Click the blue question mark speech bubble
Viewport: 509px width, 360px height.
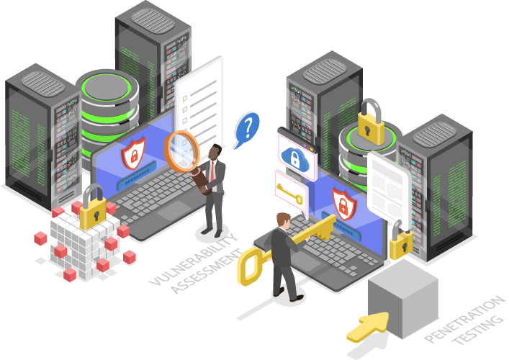tap(248, 128)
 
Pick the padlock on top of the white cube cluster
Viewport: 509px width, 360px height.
tap(92, 208)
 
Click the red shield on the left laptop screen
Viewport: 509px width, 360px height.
tap(131, 153)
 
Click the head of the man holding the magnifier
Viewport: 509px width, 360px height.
tap(215, 150)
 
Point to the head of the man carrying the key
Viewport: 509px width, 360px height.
tap(283, 220)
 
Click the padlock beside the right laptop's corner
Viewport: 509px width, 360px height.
tap(400, 240)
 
